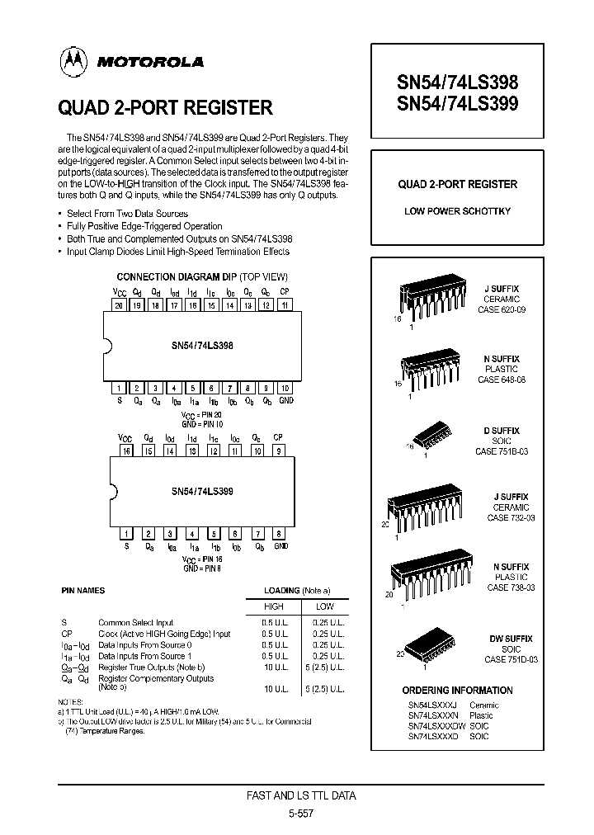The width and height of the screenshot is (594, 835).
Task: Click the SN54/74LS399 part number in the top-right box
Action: point(458,103)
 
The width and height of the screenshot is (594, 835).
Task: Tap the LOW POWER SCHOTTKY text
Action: point(457,211)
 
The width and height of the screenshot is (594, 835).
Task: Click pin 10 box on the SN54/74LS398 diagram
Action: point(285,388)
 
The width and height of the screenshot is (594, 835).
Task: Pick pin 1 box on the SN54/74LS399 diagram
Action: point(126,533)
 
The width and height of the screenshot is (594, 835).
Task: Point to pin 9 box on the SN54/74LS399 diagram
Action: point(278,451)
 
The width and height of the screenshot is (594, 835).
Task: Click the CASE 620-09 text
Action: point(502,310)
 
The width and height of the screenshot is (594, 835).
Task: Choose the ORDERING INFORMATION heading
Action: point(457,690)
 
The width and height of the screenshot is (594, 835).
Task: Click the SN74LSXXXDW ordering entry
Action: point(436,725)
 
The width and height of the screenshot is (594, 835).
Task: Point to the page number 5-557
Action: point(302,813)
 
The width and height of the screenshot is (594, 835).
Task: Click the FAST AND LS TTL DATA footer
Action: point(302,796)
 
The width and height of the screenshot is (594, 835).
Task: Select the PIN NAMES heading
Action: point(83,592)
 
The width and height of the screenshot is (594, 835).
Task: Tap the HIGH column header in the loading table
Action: point(273,606)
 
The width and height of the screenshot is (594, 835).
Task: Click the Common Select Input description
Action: point(135,623)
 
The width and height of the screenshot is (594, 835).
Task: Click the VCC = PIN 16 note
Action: point(203,559)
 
